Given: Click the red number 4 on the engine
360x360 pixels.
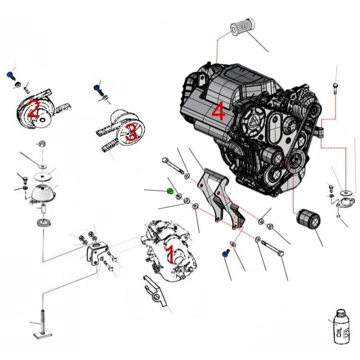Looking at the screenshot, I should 218,111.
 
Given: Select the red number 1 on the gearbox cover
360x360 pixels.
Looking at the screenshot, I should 169,254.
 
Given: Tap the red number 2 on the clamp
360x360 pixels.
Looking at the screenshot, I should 33,109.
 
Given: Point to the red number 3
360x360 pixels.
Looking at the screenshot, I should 131,133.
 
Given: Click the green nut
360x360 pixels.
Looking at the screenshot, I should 170,191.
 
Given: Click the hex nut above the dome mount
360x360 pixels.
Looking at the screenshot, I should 43,143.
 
